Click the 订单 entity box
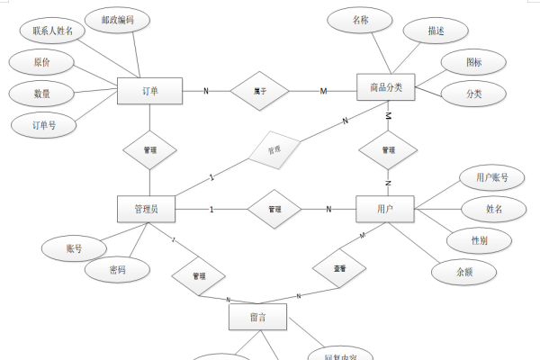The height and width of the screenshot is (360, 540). [x=150, y=91]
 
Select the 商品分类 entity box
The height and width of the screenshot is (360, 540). [x=386, y=88]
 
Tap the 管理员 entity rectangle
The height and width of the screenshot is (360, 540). [x=147, y=210]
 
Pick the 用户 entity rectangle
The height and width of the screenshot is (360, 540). [x=385, y=210]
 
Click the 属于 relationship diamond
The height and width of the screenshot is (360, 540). [x=259, y=91]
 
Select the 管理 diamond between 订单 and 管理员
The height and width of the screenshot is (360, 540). [x=149, y=150]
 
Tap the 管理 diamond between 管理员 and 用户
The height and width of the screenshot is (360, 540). [x=274, y=210]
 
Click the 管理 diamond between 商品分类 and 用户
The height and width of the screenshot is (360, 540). [x=388, y=149]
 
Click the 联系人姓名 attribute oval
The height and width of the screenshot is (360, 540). [x=52, y=31]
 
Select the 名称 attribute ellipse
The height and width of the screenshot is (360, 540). [x=360, y=19]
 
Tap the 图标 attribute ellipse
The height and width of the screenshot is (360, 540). [x=473, y=63]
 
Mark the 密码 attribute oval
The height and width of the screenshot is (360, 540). [x=115, y=269]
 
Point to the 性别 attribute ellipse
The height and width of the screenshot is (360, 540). [x=480, y=241]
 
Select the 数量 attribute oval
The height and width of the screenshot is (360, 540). [x=40, y=94]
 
